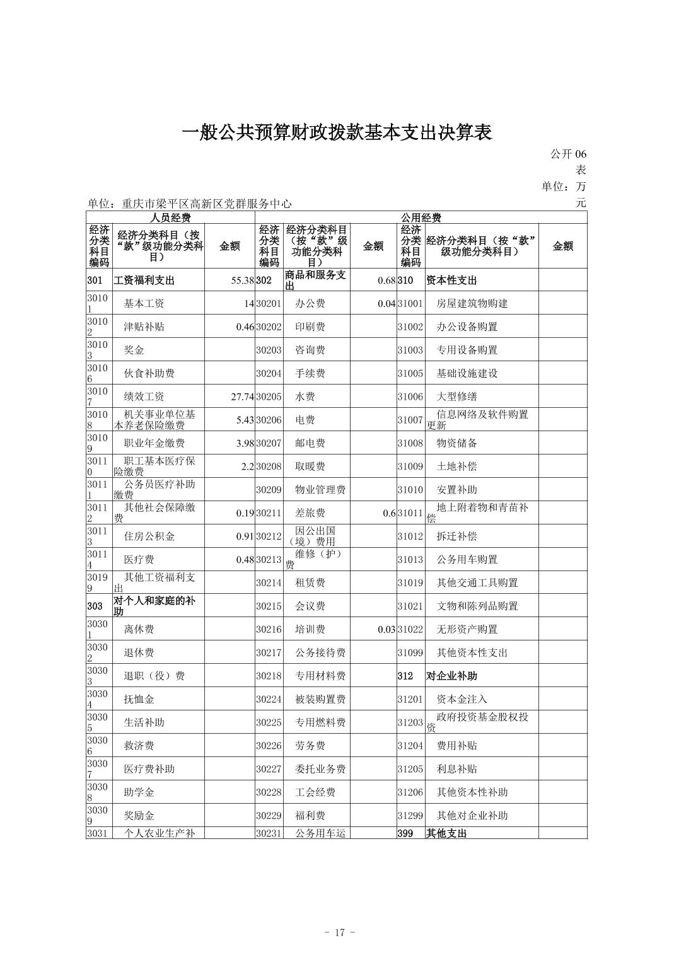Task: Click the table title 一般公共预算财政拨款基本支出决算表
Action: click(x=337, y=132)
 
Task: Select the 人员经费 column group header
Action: click(x=170, y=217)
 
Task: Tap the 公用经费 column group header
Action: click(x=421, y=217)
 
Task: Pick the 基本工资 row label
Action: click(x=144, y=303)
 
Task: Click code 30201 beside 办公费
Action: click(x=269, y=304)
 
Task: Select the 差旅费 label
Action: click(x=310, y=513)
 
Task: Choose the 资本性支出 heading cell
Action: click(x=451, y=281)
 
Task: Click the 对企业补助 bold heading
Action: click(x=451, y=676)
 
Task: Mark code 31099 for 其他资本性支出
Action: click(x=410, y=653)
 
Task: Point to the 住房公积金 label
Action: click(x=149, y=536)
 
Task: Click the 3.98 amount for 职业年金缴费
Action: click(x=245, y=443)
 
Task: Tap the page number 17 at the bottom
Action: click(x=340, y=932)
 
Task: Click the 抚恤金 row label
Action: click(x=139, y=699)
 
